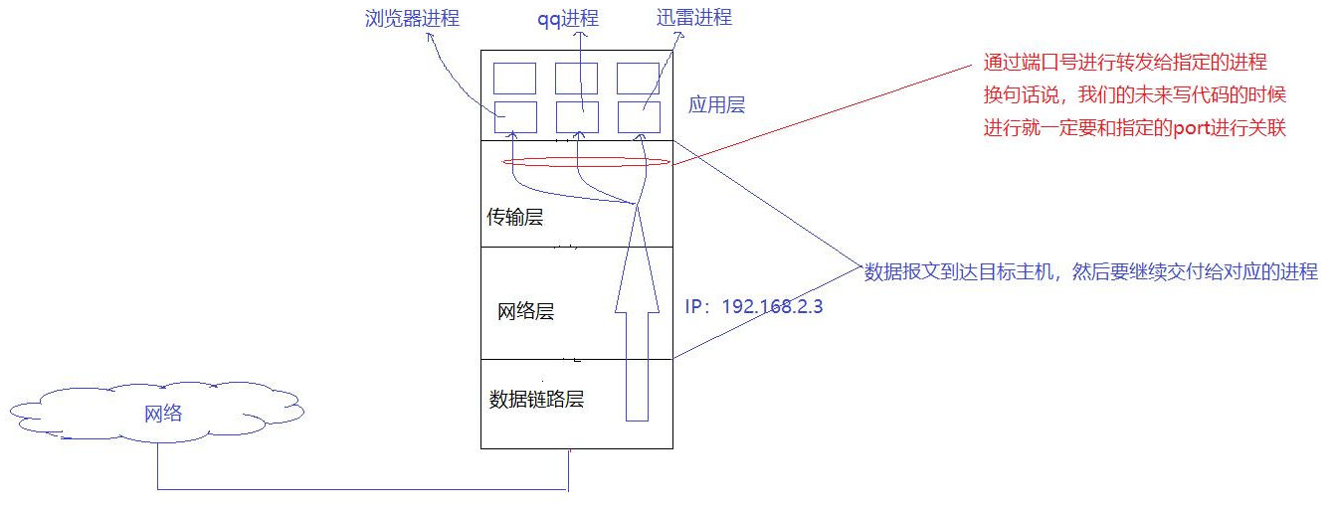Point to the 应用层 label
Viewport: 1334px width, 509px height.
[717, 104]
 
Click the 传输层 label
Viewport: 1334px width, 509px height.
[514, 217]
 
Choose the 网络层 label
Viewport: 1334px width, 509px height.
[525, 311]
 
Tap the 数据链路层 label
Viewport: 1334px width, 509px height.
[536, 400]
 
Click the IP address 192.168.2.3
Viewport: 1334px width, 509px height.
[754, 307]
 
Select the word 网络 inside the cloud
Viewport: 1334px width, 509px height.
[163, 414]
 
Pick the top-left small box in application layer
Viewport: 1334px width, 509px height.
[515, 78]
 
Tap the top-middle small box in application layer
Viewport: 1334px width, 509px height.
[576, 78]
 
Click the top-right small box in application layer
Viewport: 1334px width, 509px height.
[638, 78]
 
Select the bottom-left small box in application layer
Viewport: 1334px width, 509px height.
[515, 116]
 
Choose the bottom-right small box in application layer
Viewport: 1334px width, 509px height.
[638, 116]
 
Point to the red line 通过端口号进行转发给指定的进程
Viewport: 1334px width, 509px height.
[1124, 63]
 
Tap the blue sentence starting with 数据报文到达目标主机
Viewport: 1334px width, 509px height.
[1090, 271]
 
